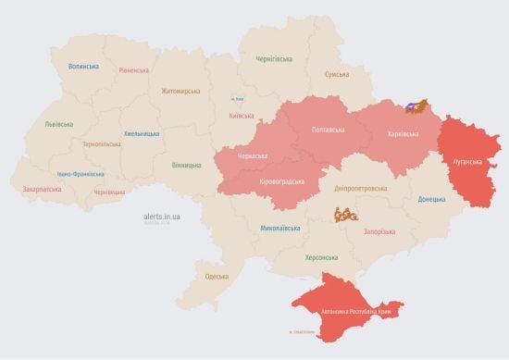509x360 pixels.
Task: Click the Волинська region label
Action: pos(83,67)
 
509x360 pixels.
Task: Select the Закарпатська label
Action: pos(42,189)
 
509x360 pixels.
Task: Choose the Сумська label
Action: pos(337,75)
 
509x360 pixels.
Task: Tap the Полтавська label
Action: pos(330,130)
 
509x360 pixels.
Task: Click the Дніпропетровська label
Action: pos(361,188)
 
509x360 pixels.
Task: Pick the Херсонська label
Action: pos(321,257)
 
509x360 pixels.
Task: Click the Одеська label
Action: pos(216,277)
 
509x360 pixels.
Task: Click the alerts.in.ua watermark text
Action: pos(162,215)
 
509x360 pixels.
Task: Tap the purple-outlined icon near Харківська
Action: pos(418,107)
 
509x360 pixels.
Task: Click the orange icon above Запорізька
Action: pos(345,214)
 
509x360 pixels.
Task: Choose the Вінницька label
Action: pos(186,166)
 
